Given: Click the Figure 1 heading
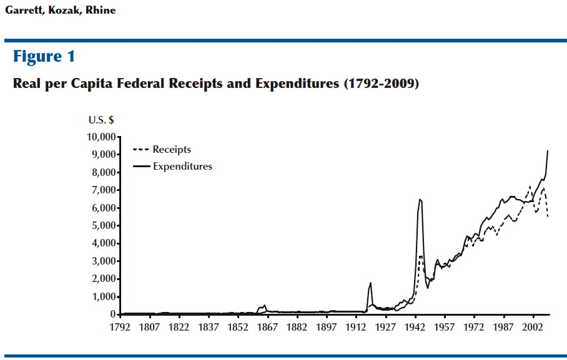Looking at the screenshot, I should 44,57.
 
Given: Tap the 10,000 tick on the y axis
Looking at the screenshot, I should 100,137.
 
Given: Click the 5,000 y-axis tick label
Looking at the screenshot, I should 102,225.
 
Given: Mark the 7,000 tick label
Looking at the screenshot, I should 102,190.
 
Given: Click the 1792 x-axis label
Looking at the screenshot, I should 120,327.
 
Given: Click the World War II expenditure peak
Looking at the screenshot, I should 420,200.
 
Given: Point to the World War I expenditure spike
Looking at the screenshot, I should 370,283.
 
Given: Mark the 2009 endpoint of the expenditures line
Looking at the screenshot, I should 548,150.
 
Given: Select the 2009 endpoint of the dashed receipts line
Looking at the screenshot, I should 548,216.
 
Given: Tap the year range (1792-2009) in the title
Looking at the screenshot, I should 381,84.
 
